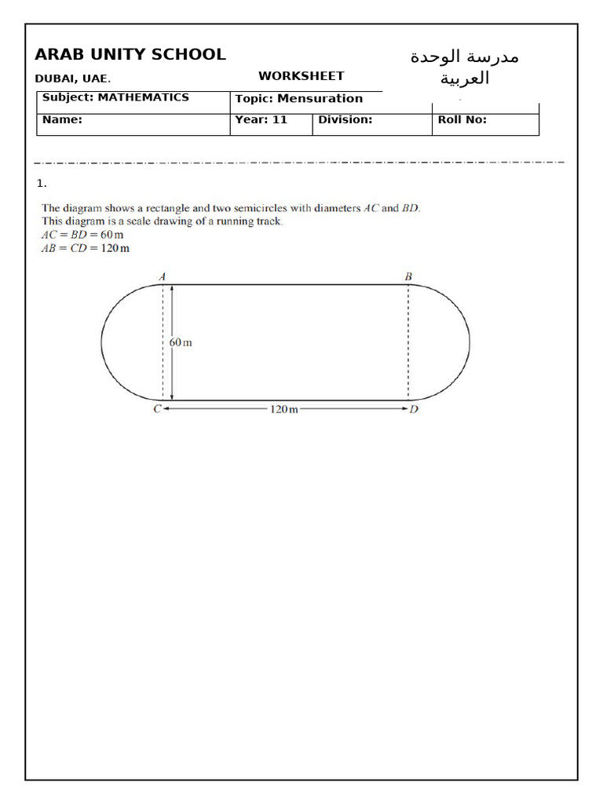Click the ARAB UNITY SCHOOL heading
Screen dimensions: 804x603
130,55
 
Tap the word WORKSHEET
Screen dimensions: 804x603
301,76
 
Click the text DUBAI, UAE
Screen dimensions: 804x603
73,79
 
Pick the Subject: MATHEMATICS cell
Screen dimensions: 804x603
115,97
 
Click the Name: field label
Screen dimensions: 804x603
62,120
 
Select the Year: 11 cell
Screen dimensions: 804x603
261,120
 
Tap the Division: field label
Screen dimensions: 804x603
345,120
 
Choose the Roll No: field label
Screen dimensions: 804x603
462,120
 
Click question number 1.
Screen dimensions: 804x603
41,184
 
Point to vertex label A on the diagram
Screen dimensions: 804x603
162,276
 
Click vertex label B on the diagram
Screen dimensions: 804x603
408,276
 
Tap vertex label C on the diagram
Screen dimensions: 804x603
157,410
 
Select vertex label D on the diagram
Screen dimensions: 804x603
414,410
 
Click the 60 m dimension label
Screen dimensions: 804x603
181,343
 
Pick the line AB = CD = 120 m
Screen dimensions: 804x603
86,248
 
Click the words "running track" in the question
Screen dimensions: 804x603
250,221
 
